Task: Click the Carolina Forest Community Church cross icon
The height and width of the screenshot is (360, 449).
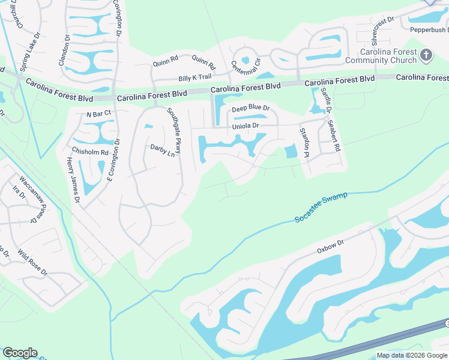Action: (426, 56)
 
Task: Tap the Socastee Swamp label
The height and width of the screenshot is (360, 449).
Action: (321, 208)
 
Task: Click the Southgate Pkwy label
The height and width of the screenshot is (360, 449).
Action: (174, 130)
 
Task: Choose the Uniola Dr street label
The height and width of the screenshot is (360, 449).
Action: (245, 125)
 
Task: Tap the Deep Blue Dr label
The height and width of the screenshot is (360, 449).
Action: (251, 108)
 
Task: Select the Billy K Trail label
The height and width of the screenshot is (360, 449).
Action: (194, 77)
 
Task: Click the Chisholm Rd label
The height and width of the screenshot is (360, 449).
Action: (90, 152)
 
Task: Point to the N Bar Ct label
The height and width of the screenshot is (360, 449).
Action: (99, 113)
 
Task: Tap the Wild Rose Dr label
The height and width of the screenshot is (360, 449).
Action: (32, 262)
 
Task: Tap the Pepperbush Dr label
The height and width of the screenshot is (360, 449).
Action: (429, 29)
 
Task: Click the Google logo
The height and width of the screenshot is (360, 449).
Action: (20, 353)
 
